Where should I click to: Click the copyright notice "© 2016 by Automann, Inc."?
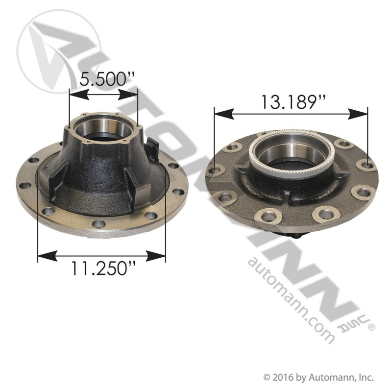319,377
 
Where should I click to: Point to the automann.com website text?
291,299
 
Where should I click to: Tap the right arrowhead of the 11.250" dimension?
160,255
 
